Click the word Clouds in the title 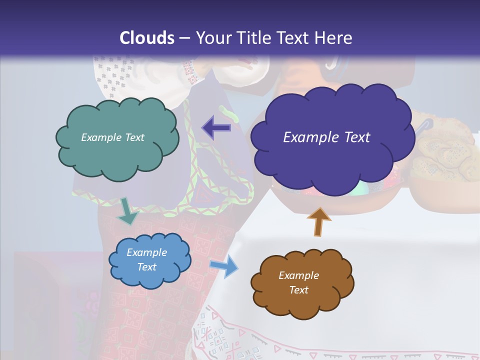(x=147, y=38)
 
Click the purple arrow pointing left (x=216, y=128)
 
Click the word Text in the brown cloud (x=298, y=290)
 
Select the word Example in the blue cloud (x=146, y=252)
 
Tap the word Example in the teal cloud (x=100, y=137)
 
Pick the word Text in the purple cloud (x=357, y=137)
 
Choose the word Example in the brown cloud (x=298, y=275)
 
